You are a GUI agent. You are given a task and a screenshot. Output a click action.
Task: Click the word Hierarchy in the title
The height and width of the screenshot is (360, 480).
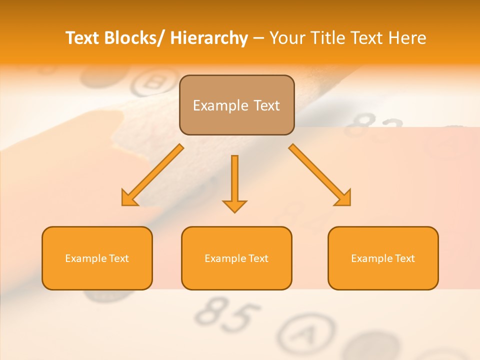click(x=209, y=38)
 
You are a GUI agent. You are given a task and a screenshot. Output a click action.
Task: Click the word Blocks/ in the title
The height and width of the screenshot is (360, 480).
click(x=132, y=38)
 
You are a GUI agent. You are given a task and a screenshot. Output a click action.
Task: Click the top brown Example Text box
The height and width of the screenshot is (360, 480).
click(x=236, y=105)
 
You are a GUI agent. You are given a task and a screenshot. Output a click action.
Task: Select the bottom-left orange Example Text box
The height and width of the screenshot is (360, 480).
click(x=97, y=258)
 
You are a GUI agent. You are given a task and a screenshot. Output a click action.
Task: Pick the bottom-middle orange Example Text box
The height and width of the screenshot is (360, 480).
click(x=236, y=258)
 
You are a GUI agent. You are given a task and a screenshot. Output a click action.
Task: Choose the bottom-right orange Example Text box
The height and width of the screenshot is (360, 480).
click(x=383, y=258)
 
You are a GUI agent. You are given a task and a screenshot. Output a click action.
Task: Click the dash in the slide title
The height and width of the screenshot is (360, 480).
click(x=258, y=38)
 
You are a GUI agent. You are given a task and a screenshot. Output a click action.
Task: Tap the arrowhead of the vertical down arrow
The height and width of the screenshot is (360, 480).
click(x=234, y=205)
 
